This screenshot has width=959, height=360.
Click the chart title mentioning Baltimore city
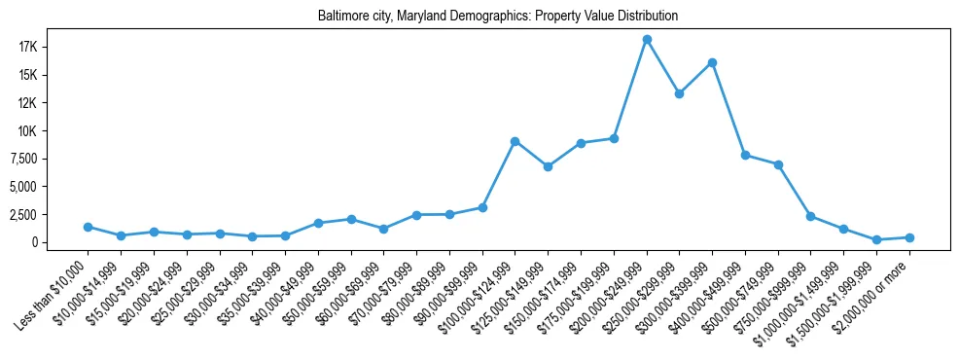pyautogui.click(x=497, y=16)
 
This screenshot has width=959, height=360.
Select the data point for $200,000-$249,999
pyautogui.click(x=647, y=39)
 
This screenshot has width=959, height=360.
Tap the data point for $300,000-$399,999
pyautogui.click(x=712, y=62)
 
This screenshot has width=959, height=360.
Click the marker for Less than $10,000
pyautogui.click(x=89, y=227)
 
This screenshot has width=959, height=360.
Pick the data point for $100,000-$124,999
pyautogui.click(x=515, y=141)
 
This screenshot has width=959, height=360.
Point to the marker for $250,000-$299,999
pyautogui.click(x=679, y=94)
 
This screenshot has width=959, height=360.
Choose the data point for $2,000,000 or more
pyautogui.click(x=909, y=237)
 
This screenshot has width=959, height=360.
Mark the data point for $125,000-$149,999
pyautogui.click(x=548, y=166)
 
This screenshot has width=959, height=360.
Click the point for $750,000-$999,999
pyautogui.click(x=810, y=216)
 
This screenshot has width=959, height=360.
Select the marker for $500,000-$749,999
pyautogui.click(x=778, y=164)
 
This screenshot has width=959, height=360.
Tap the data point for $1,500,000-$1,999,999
pyautogui.click(x=876, y=239)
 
